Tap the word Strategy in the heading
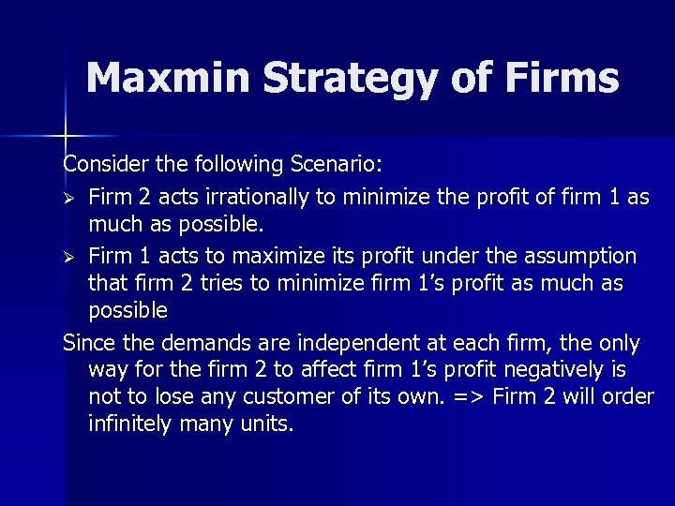click(351, 80)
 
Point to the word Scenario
click(337, 165)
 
